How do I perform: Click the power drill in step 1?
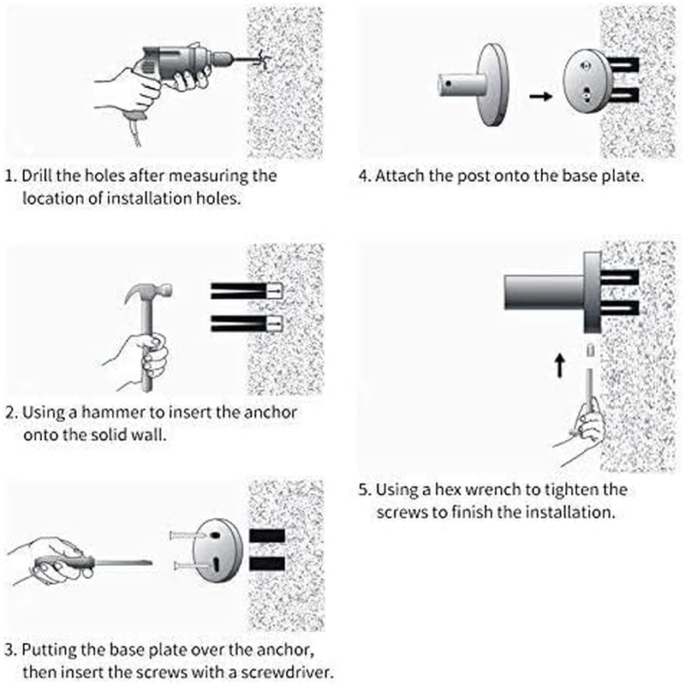pos(183,66)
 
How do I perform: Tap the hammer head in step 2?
pos(148,292)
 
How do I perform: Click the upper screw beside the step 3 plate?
pos(187,534)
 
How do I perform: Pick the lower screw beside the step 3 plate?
pos(191,566)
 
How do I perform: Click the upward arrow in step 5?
pos(560,366)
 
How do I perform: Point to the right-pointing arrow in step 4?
pos(541,96)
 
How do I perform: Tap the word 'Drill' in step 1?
pos(37,176)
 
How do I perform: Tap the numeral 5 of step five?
pos(364,490)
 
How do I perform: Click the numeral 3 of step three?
pos(10,650)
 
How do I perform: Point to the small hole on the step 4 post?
pos(448,83)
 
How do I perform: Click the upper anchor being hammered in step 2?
pos(247,291)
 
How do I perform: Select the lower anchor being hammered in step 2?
pos(247,324)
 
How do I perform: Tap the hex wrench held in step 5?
pos(589,384)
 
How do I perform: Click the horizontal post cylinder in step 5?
pos(544,293)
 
